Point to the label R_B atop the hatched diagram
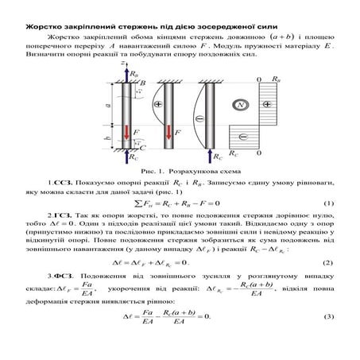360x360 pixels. [275, 80]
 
